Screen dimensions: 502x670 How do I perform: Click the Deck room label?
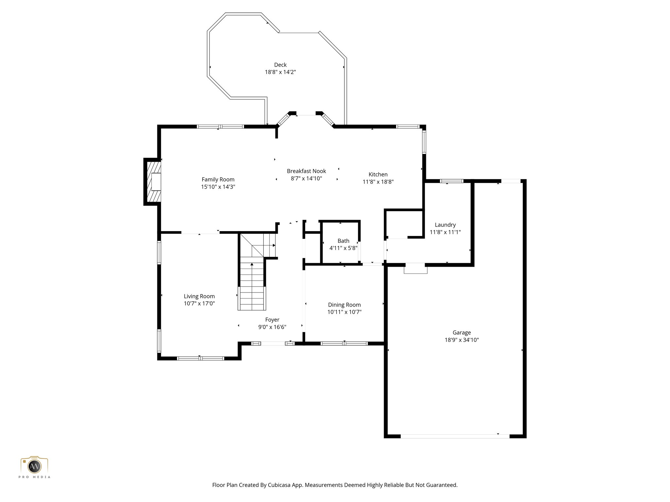[280, 65]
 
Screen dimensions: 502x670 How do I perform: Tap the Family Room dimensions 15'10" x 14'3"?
[218, 187]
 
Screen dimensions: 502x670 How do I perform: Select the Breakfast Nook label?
[306, 171]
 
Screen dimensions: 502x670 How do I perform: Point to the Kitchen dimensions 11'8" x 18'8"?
[378, 182]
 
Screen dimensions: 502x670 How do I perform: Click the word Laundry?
[445, 225]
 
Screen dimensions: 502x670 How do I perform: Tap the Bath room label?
[343, 241]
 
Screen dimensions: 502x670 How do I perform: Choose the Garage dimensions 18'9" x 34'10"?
[461, 340]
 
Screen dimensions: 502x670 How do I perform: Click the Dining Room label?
[344, 305]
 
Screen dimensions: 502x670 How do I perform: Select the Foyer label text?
[272, 320]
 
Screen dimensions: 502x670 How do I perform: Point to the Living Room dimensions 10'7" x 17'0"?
[199, 303]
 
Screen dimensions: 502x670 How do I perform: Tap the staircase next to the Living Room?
[252, 284]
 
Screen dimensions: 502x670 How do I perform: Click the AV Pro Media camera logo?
[34, 466]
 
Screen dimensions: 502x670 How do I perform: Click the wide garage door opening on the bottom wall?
[455, 436]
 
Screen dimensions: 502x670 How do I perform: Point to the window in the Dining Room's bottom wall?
[344, 343]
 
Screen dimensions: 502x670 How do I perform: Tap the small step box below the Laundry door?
[415, 269]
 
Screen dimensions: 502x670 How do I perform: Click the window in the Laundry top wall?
[451, 181]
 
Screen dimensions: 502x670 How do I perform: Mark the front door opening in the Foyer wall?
[273, 343]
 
